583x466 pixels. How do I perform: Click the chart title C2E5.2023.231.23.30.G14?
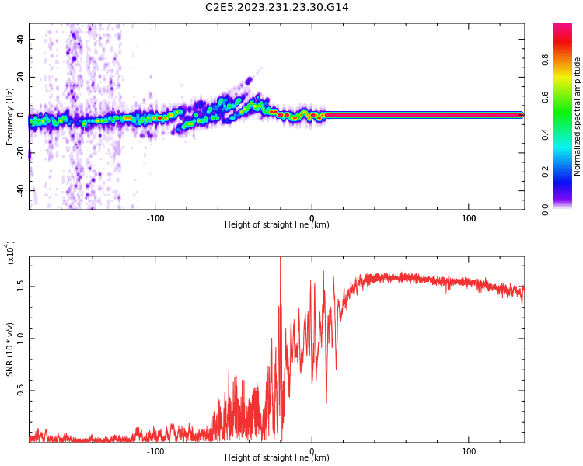[277, 7]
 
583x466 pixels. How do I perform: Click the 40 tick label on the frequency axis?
[21, 39]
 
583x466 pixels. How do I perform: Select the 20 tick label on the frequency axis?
[21, 77]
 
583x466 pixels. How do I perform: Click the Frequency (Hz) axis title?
[10, 116]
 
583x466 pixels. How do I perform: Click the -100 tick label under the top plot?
[155, 218]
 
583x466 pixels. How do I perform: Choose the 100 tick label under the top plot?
[469, 218]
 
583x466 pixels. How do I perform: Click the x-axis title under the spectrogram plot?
[277, 225]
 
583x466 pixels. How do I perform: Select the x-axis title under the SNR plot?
[277, 457]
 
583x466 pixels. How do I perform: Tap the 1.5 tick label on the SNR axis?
[21, 286]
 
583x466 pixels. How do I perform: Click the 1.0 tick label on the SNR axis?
[21, 338]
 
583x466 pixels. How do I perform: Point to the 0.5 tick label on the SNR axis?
[21, 391]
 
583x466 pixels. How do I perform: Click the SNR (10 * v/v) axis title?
[10, 349]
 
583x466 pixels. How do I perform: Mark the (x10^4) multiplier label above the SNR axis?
[10, 252]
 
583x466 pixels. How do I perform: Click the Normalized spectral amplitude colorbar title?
[578, 116]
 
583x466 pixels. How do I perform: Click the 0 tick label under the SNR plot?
[312, 451]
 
